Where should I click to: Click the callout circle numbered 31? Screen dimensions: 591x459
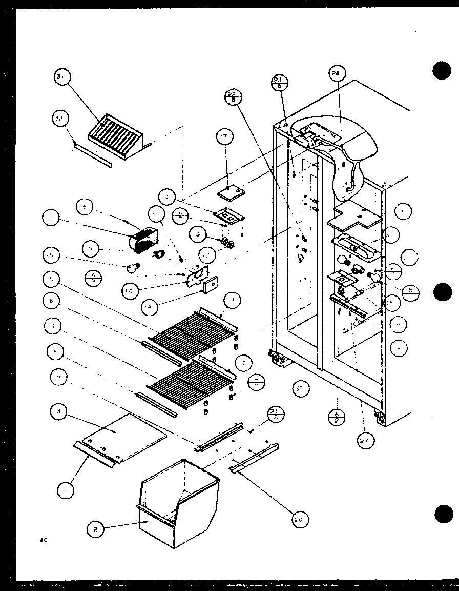(62, 78)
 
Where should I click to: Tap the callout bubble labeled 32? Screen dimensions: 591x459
(60, 119)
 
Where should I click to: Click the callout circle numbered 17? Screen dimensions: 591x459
(224, 136)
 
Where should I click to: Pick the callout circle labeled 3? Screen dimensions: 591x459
(60, 411)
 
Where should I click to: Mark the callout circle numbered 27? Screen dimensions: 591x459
(366, 440)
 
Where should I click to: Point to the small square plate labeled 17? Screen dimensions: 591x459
(231, 192)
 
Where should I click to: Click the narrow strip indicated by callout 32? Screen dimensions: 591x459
(93, 155)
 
